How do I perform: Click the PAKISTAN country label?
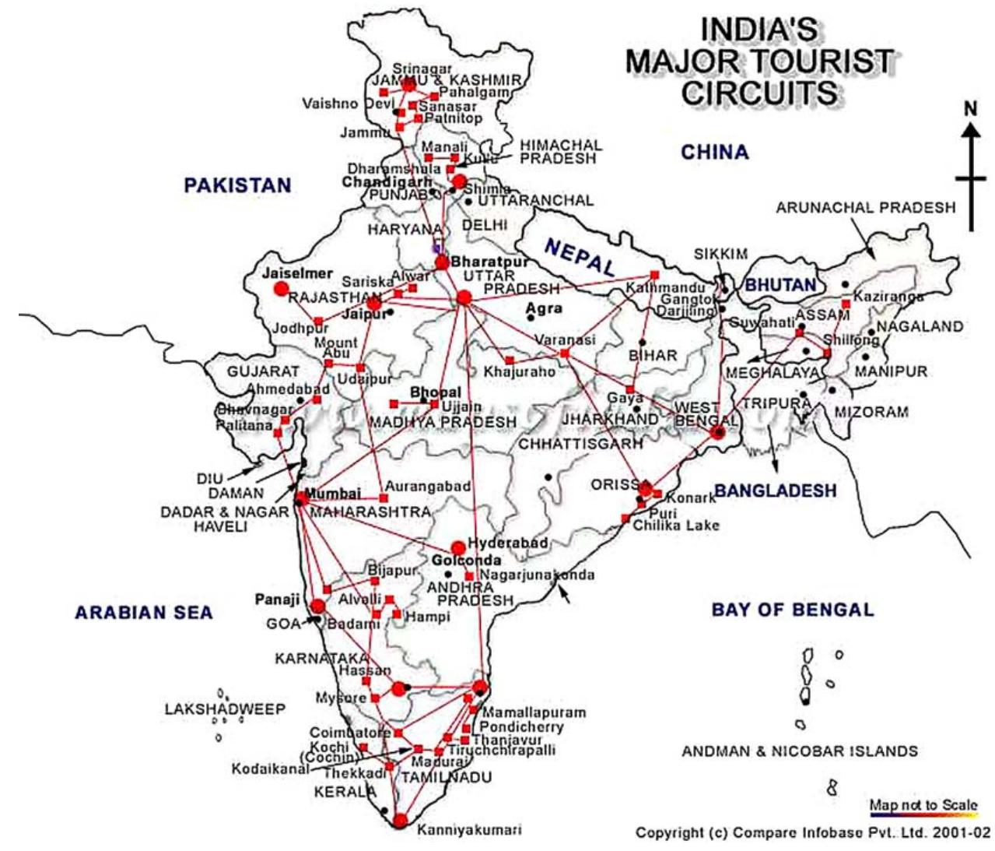[x=237, y=185]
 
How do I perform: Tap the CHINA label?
[x=714, y=152]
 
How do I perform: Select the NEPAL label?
[x=580, y=256]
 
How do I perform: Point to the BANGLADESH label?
[x=775, y=491]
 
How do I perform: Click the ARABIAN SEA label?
[x=143, y=613]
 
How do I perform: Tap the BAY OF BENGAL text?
[x=792, y=610]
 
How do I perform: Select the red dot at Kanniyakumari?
[x=400, y=821]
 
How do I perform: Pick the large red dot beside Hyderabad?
[x=457, y=547]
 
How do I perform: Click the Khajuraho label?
[x=520, y=372]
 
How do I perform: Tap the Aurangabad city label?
[x=428, y=487]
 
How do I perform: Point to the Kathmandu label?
[x=666, y=288]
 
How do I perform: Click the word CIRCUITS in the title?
[x=759, y=93]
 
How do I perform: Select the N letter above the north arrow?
[x=970, y=109]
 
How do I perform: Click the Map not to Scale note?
[x=923, y=805]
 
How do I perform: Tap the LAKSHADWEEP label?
[x=225, y=709]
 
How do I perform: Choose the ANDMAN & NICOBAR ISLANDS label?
[x=800, y=751]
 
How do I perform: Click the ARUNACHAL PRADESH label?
[x=865, y=207]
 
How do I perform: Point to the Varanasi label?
[x=565, y=340]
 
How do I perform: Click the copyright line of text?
[x=813, y=832]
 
